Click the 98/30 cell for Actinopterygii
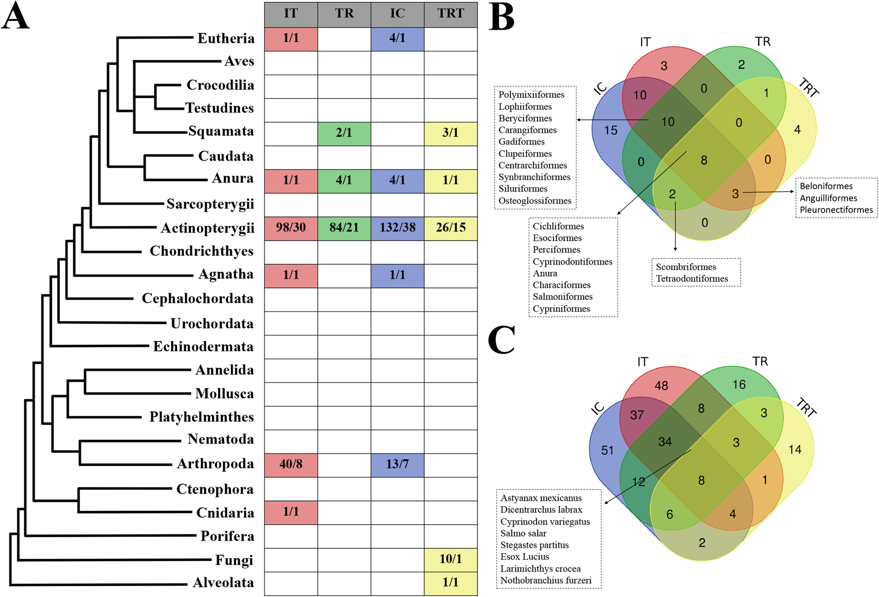point(290,228)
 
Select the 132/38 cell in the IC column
point(397,228)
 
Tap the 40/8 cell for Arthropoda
point(290,464)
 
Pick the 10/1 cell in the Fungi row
point(450,559)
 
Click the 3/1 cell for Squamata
point(450,133)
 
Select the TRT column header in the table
point(450,14)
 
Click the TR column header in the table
point(344,14)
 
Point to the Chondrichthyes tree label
point(201,251)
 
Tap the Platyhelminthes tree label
point(201,417)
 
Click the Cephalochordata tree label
point(197,298)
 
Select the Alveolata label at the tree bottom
point(223,583)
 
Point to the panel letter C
point(501,340)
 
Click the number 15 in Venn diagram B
point(611,131)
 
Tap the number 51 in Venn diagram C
point(608,450)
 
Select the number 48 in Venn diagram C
point(661,386)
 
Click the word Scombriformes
point(686,267)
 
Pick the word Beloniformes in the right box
point(826,186)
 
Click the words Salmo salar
point(523,533)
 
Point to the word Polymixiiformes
point(531,95)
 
